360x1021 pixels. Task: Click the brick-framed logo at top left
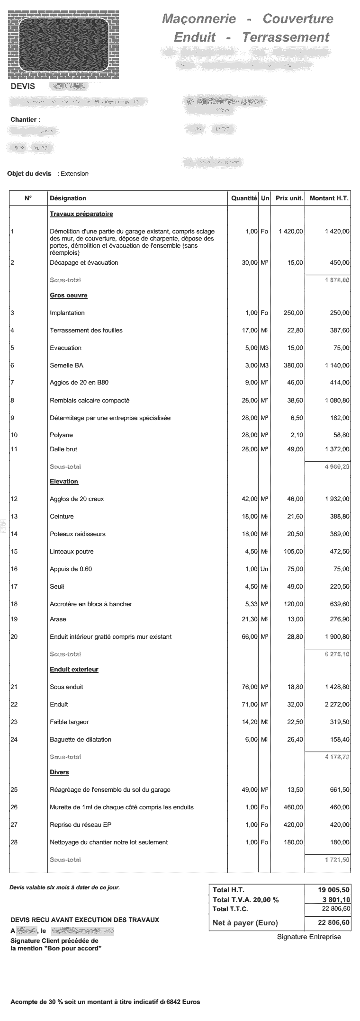63,44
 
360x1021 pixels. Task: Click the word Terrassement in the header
286,37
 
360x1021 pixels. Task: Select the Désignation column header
68,198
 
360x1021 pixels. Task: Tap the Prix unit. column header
289,198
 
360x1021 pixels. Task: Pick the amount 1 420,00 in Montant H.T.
337,231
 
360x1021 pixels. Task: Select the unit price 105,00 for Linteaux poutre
293,551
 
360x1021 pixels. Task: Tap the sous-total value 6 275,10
337,654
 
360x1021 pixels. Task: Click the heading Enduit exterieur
74,669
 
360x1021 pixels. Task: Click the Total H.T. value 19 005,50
334,890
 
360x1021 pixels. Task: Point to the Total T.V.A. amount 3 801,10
334,899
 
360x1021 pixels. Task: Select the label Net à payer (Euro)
245,922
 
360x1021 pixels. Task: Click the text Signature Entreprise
308,936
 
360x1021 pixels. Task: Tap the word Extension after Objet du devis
74,173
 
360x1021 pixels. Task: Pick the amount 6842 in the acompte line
173,1002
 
